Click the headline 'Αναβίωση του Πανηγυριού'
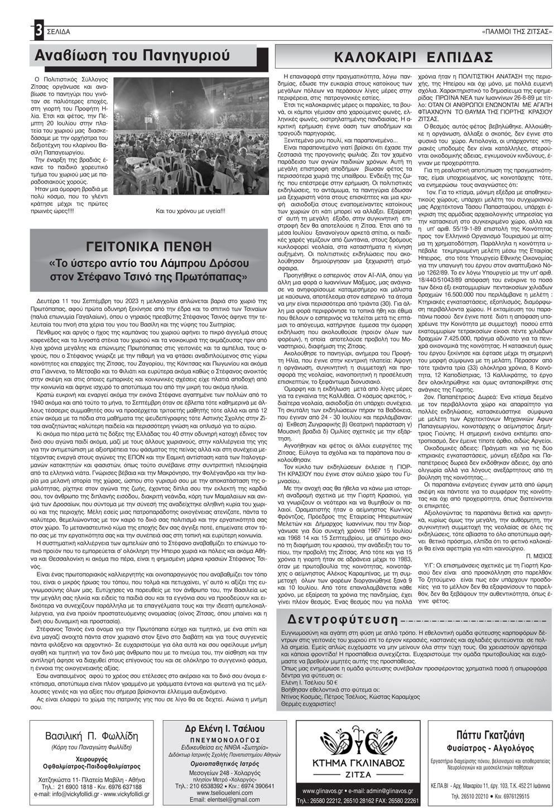(132, 55)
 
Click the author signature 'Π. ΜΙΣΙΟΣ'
(538, 556)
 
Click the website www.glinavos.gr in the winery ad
(326, 791)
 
